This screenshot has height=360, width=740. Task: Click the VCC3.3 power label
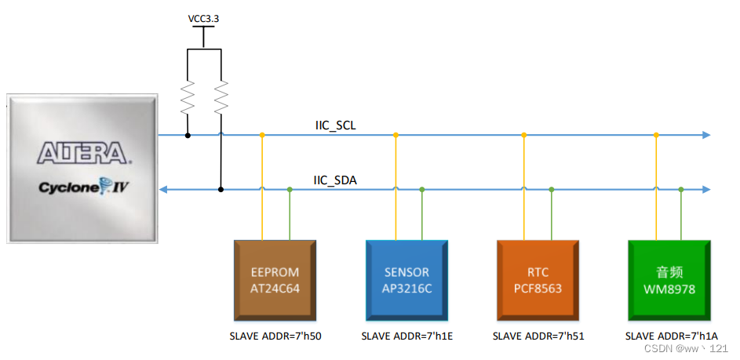pyautogui.click(x=204, y=19)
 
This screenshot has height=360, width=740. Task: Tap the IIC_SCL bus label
pyautogui.click(x=335, y=125)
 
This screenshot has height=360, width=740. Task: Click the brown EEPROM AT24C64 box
pyautogui.click(x=275, y=280)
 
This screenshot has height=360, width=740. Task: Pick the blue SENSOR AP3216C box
pyautogui.click(x=406, y=280)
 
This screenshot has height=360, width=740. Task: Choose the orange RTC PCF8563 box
pyautogui.click(x=538, y=280)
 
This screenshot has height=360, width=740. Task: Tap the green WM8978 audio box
pyautogui.click(x=669, y=280)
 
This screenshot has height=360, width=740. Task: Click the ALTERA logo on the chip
pyautogui.click(x=82, y=152)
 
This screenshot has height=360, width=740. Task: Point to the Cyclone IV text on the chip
pyautogui.click(x=82, y=189)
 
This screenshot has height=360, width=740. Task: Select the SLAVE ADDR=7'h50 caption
pyautogui.click(x=275, y=336)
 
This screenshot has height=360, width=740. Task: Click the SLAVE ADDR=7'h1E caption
pyautogui.click(x=406, y=336)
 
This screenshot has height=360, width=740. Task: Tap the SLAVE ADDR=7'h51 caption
pyautogui.click(x=538, y=336)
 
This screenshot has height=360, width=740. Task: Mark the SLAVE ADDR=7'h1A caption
pyautogui.click(x=671, y=336)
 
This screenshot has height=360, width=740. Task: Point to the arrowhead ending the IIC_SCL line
pyautogui.click(x=706, y=135)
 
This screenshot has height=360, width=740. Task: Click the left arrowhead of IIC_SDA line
pyautogui.click(x=163, y=189)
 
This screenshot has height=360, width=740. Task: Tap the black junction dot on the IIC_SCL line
pyautogui.click(x=188, y=135)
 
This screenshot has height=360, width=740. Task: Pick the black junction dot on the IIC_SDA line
pyautogui.click(x=221, y=189)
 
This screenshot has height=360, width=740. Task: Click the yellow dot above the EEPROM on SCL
pyautogui.click(x=262, y=135)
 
